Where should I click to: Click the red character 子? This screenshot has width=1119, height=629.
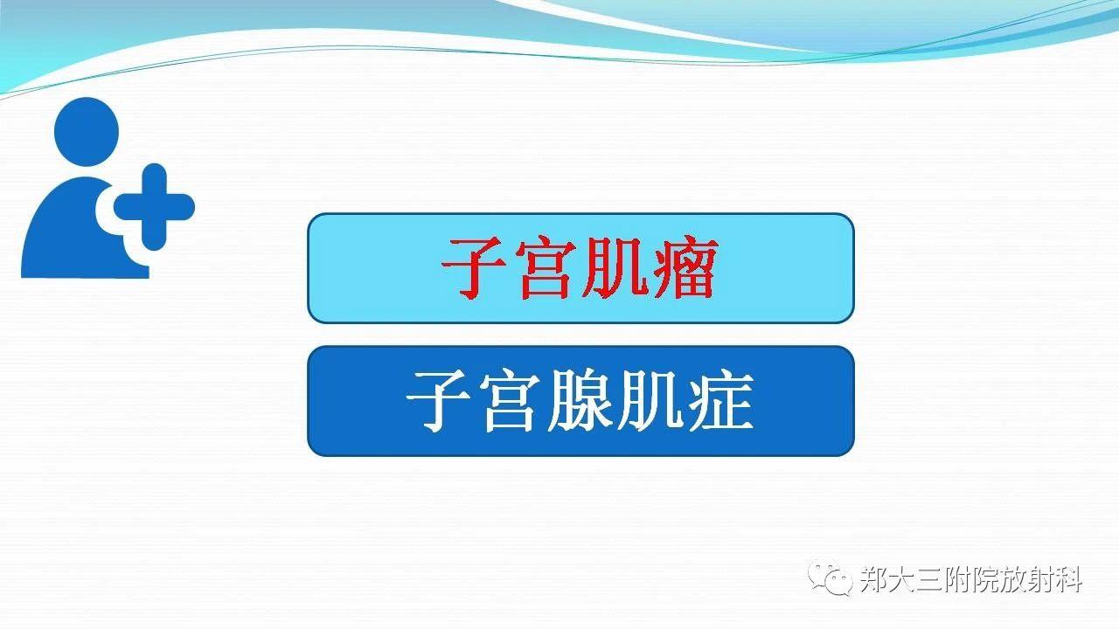click(472, 268)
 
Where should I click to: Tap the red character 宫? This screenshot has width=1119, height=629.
click(545, 268)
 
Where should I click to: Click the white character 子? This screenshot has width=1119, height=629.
click(438, 401)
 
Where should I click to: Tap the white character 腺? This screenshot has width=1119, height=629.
click(580, 401)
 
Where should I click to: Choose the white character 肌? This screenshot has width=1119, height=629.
click(650, 401)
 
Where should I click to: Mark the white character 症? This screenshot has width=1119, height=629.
click(720, 401)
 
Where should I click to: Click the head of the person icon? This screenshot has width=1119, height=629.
click(87, 132)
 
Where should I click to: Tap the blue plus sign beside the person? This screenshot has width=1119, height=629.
click(155, 207)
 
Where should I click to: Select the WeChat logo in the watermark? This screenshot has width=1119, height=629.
click(831, 578)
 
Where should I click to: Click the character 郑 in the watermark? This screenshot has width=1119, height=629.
click(874, 580)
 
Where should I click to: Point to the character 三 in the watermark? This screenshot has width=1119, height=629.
click(929, 580)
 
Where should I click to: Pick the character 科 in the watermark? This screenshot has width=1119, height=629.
click(1067, 580)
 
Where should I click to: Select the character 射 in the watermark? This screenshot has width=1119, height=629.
click(1040, 580)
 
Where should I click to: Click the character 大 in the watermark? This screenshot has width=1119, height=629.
click(902, 580)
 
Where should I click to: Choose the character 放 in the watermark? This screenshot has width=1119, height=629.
click(1012, 580)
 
